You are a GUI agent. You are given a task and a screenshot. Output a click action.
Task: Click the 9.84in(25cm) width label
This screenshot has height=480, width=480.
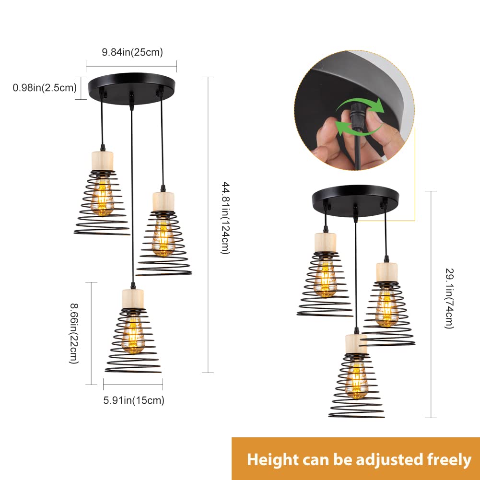[132, 52]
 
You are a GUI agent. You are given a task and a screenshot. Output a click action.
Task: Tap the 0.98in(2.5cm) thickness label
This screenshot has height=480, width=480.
[45, 88]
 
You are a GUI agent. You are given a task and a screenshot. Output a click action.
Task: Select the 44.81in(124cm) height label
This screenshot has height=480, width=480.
[225, 218]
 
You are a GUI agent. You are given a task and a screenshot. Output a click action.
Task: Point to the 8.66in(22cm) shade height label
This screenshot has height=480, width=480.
[74, 333]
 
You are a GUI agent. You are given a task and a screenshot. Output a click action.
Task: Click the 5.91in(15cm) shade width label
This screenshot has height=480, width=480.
[134, 400]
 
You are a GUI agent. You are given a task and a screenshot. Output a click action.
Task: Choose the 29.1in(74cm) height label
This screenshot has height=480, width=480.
[449, 298]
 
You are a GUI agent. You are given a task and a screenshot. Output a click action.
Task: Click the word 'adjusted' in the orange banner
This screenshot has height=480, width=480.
[388, 460]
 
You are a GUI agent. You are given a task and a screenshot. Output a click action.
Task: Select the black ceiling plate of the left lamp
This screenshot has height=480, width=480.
[132, 88]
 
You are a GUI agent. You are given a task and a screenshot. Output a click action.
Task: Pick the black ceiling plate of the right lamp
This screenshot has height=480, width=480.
[355, 200]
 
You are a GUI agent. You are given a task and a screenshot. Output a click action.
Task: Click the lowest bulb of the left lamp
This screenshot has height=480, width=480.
[133, 335]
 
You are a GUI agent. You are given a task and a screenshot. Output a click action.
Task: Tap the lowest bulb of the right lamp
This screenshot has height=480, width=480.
[356, 380]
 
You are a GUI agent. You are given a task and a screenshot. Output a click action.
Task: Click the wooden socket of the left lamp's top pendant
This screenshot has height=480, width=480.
[103, 161]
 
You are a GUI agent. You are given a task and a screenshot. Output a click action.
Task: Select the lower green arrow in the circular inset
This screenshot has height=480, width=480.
[358, 129]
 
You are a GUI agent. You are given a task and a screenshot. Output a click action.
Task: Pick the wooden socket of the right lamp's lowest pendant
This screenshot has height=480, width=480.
[356, 344]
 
